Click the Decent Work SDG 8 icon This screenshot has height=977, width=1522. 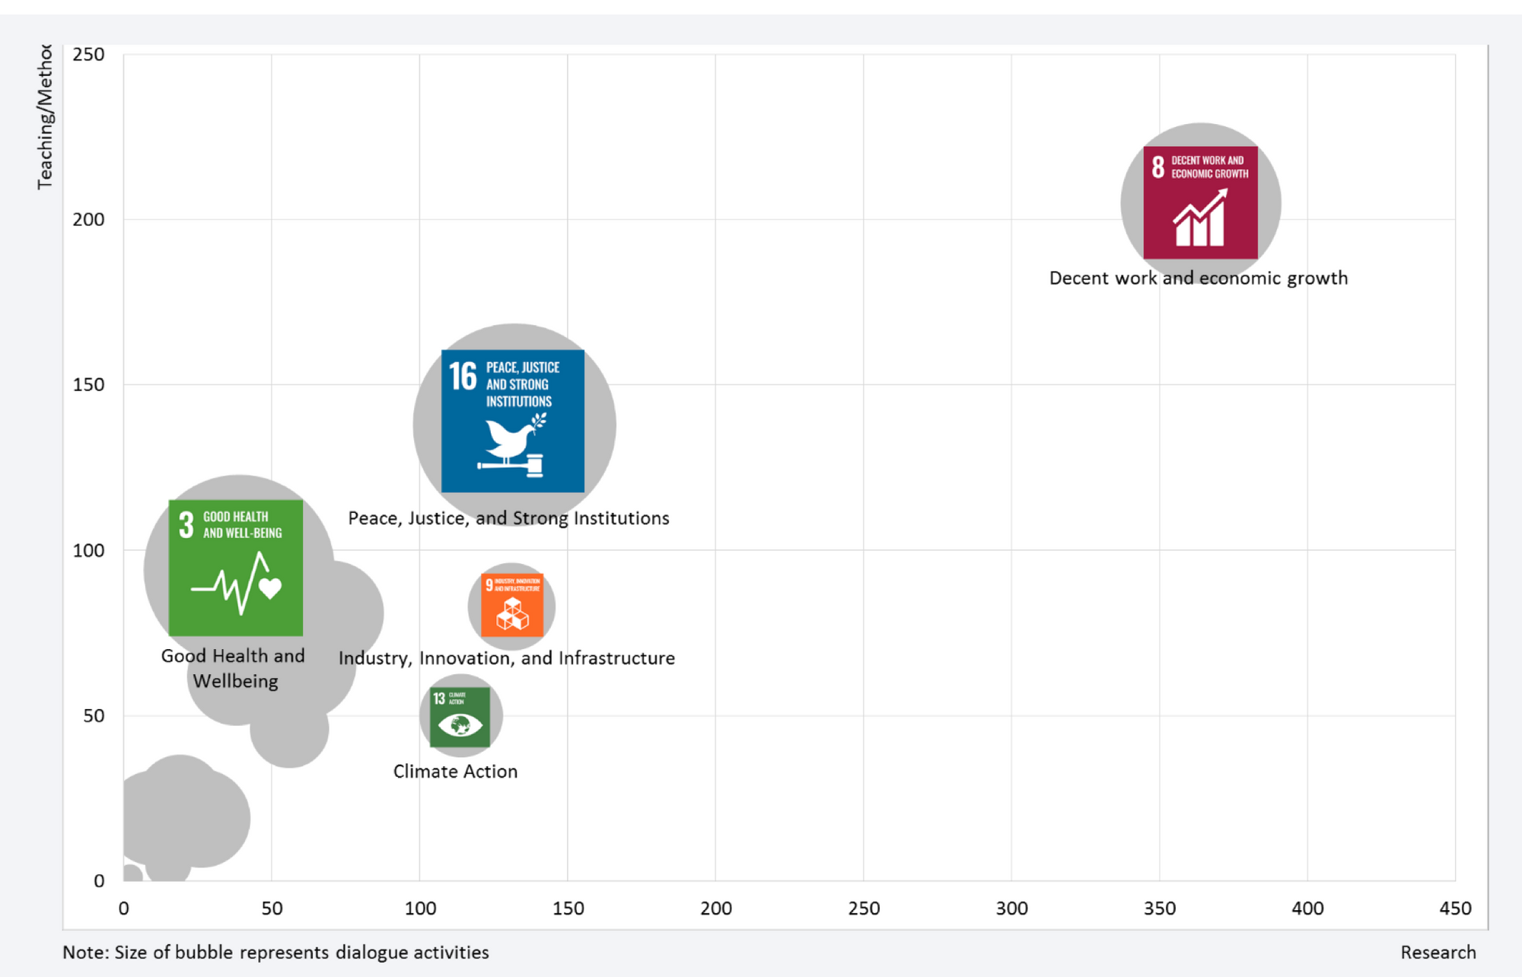tap(1200, 202)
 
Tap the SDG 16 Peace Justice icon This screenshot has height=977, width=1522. tap(512, 420)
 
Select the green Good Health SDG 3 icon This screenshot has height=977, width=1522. tap(235, 568)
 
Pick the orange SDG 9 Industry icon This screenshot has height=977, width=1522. tap(512, 606)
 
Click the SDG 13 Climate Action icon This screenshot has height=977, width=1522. tap(460, 718)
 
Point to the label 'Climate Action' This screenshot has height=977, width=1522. tap(455, 771)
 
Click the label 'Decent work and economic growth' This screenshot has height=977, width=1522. tap(1198, 278)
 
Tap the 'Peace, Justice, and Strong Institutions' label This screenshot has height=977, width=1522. tap(508, 518)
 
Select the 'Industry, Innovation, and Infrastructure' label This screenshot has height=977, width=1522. tap(506, 657)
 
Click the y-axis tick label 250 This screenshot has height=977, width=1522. tap(88, 54)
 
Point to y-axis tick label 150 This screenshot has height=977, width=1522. tap(88, 384)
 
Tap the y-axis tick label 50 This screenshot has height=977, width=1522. tap(94, 715)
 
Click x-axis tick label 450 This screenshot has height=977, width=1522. tap(1455, 908)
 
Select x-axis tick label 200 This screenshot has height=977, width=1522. tap(715, 908)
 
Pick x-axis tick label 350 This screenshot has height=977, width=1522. tap(1160, 908)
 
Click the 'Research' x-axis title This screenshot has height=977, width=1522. tap(1438, 952)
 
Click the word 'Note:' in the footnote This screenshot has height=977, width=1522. tap(85, 952)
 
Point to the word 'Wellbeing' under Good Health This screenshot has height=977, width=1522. tap(235, 680)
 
